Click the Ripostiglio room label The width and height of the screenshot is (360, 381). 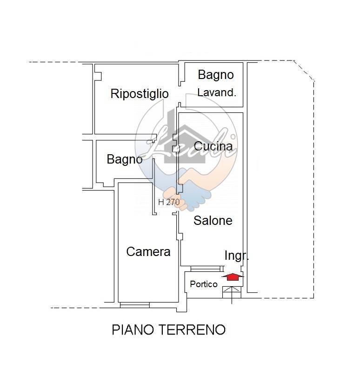click(139, 94)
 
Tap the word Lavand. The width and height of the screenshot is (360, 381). click(217, 92)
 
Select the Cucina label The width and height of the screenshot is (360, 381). click(213, 146)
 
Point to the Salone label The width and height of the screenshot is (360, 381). click(213, 220)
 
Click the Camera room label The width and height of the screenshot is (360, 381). click(148, 252)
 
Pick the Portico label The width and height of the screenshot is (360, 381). click(204, 284)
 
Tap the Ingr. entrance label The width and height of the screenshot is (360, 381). click(236, 256)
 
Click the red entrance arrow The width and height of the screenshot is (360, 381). click(232, 276)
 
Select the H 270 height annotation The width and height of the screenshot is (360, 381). click(169, 202)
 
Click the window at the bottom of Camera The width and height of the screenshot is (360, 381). click(134, 305)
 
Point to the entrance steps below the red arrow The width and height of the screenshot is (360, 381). click(232, 291)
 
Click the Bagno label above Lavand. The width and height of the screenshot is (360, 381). click(215, 74)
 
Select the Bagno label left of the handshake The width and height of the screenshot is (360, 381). click(124, 159)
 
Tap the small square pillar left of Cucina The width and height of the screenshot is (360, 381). click(175, 148)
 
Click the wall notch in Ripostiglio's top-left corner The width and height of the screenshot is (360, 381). click(98, 73)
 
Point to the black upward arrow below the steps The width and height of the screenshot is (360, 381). click(232, 300)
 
